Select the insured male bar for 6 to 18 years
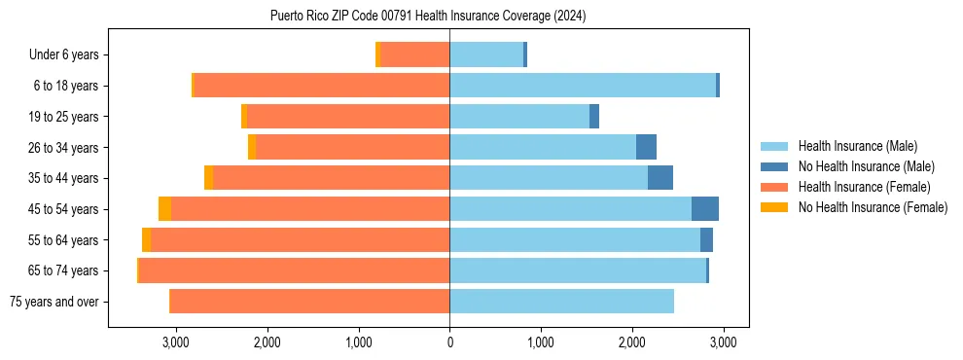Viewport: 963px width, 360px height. point(582,86)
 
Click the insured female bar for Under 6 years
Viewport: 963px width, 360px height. point(415,55)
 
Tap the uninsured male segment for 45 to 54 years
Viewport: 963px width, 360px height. point(704,209)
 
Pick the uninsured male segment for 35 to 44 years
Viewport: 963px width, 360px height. point(660,178)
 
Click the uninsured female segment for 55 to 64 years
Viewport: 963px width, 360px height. point(146,240)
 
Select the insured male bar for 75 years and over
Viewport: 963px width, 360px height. point(561,302)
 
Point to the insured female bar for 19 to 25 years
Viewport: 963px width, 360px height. point(348,117)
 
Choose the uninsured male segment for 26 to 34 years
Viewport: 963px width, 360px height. point(646,148)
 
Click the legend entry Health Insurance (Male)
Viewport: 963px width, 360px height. point(857,146)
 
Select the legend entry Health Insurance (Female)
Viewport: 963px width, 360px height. point(864,187)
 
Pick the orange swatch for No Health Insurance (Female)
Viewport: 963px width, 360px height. point(774,207)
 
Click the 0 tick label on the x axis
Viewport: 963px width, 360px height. point(449,342)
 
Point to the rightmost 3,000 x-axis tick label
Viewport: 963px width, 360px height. point(722,342)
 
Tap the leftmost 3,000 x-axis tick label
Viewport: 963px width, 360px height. point(176,342)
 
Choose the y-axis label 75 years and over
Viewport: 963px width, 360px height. point(53,302)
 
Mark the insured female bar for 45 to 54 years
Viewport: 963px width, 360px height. point(309,209)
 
